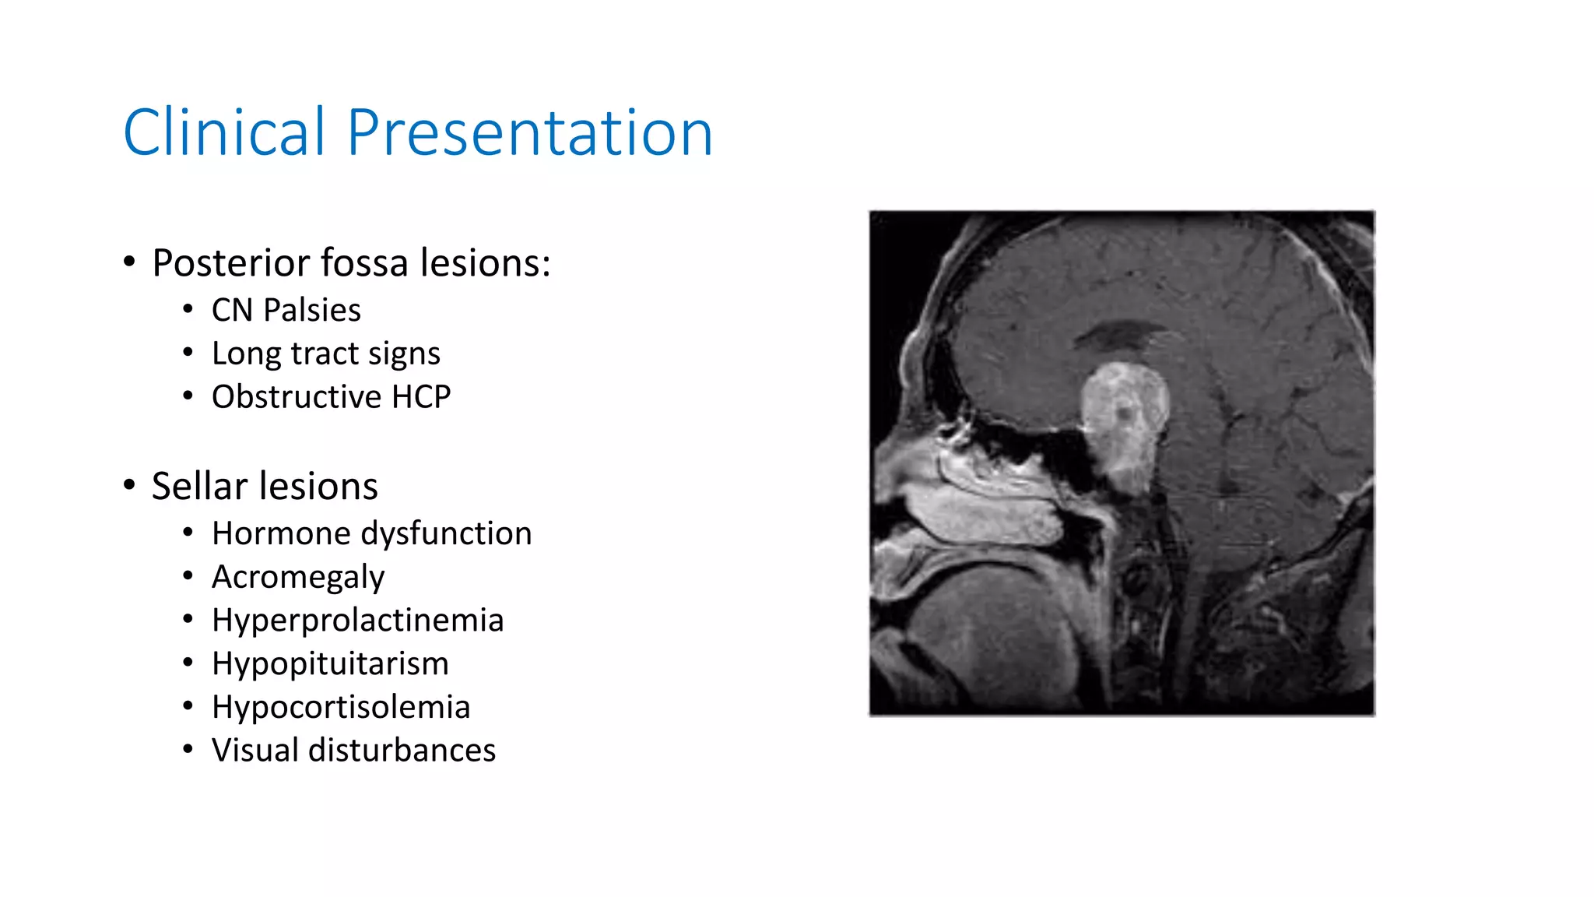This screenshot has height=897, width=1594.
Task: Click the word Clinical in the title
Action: [224, 132]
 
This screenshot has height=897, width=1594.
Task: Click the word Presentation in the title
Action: [529, 132]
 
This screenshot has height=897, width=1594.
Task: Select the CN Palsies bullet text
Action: [286, 310]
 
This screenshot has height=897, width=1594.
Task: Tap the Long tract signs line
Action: [325, 354]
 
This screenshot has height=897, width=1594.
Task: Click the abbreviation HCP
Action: [421, 397]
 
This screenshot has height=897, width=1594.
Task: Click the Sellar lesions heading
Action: [265, 486]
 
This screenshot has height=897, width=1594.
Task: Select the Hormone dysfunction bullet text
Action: [371, 534]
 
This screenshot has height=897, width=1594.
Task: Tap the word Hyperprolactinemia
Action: [357, 621]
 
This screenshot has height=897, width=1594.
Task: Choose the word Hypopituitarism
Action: [330, 664]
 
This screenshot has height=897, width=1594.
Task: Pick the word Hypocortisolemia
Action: [341, 707]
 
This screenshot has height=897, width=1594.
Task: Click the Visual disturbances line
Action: [353, 751]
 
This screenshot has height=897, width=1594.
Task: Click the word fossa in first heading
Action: [364, 263]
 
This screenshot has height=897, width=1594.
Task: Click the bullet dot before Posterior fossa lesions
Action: [129, 262]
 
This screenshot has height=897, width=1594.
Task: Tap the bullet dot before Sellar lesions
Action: [129, 485]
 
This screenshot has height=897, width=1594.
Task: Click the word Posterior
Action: [230, 263]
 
